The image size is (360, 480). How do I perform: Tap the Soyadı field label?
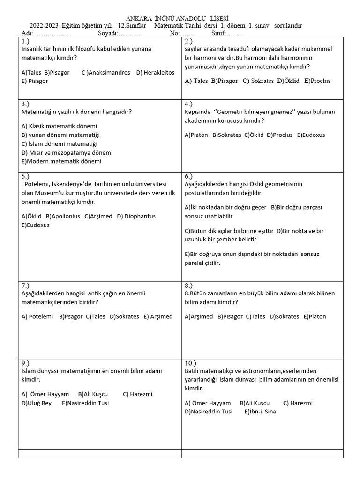click(109, 33)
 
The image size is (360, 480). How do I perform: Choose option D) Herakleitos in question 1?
click(155, 72)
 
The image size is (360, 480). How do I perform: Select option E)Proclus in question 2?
click(317, 81)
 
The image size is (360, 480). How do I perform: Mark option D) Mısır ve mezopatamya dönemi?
click(67, 152)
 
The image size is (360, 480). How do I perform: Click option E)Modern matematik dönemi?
click(61, 161)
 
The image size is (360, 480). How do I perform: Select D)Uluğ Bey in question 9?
click(37, 403)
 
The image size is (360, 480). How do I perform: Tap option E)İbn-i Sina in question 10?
click(260, 412)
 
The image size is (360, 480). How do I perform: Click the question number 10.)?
click(191, 363)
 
